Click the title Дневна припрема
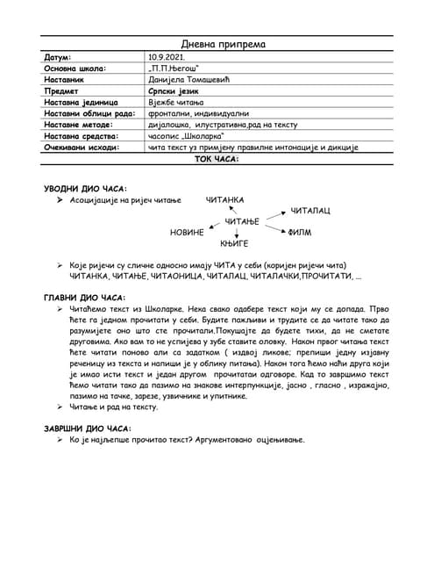tap(224, 44)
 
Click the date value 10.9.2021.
tap(168, 56)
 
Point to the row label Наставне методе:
tap(80, 125)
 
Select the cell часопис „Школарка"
tap(186, 136)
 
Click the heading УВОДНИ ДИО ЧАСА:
tap(85, 189)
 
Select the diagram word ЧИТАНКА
tap(224, 200)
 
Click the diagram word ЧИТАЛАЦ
tap(310, 212)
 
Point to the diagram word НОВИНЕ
tap(187, 233)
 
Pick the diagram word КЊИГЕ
tap(235, 242)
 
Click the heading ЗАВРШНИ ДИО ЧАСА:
tap(87, 428)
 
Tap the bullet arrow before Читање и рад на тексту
tap(60, 407)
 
